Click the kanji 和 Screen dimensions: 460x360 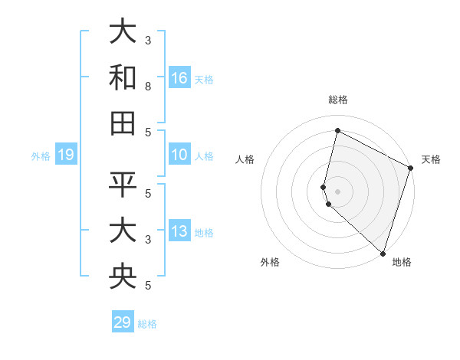(123, 77)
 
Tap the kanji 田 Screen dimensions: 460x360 (123, 123)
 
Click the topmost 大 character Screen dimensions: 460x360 (123, 31)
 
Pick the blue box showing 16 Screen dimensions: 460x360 (179, 77)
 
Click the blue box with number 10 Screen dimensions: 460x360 (179, 155)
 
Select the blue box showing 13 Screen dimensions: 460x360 (179, 232)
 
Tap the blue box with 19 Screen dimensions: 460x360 (66, 155)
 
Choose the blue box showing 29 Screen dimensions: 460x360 (123, 322)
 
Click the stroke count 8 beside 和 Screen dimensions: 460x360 (148, 87)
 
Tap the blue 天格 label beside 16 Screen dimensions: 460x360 (204, 79)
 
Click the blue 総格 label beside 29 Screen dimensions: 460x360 (147, 324)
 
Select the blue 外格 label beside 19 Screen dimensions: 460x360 (41, 156)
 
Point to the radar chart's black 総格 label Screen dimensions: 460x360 (337, 100)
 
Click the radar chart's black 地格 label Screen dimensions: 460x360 (402, 262)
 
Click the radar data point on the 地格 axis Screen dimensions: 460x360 (383, 253)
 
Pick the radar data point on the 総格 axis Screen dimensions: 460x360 (337, 130)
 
